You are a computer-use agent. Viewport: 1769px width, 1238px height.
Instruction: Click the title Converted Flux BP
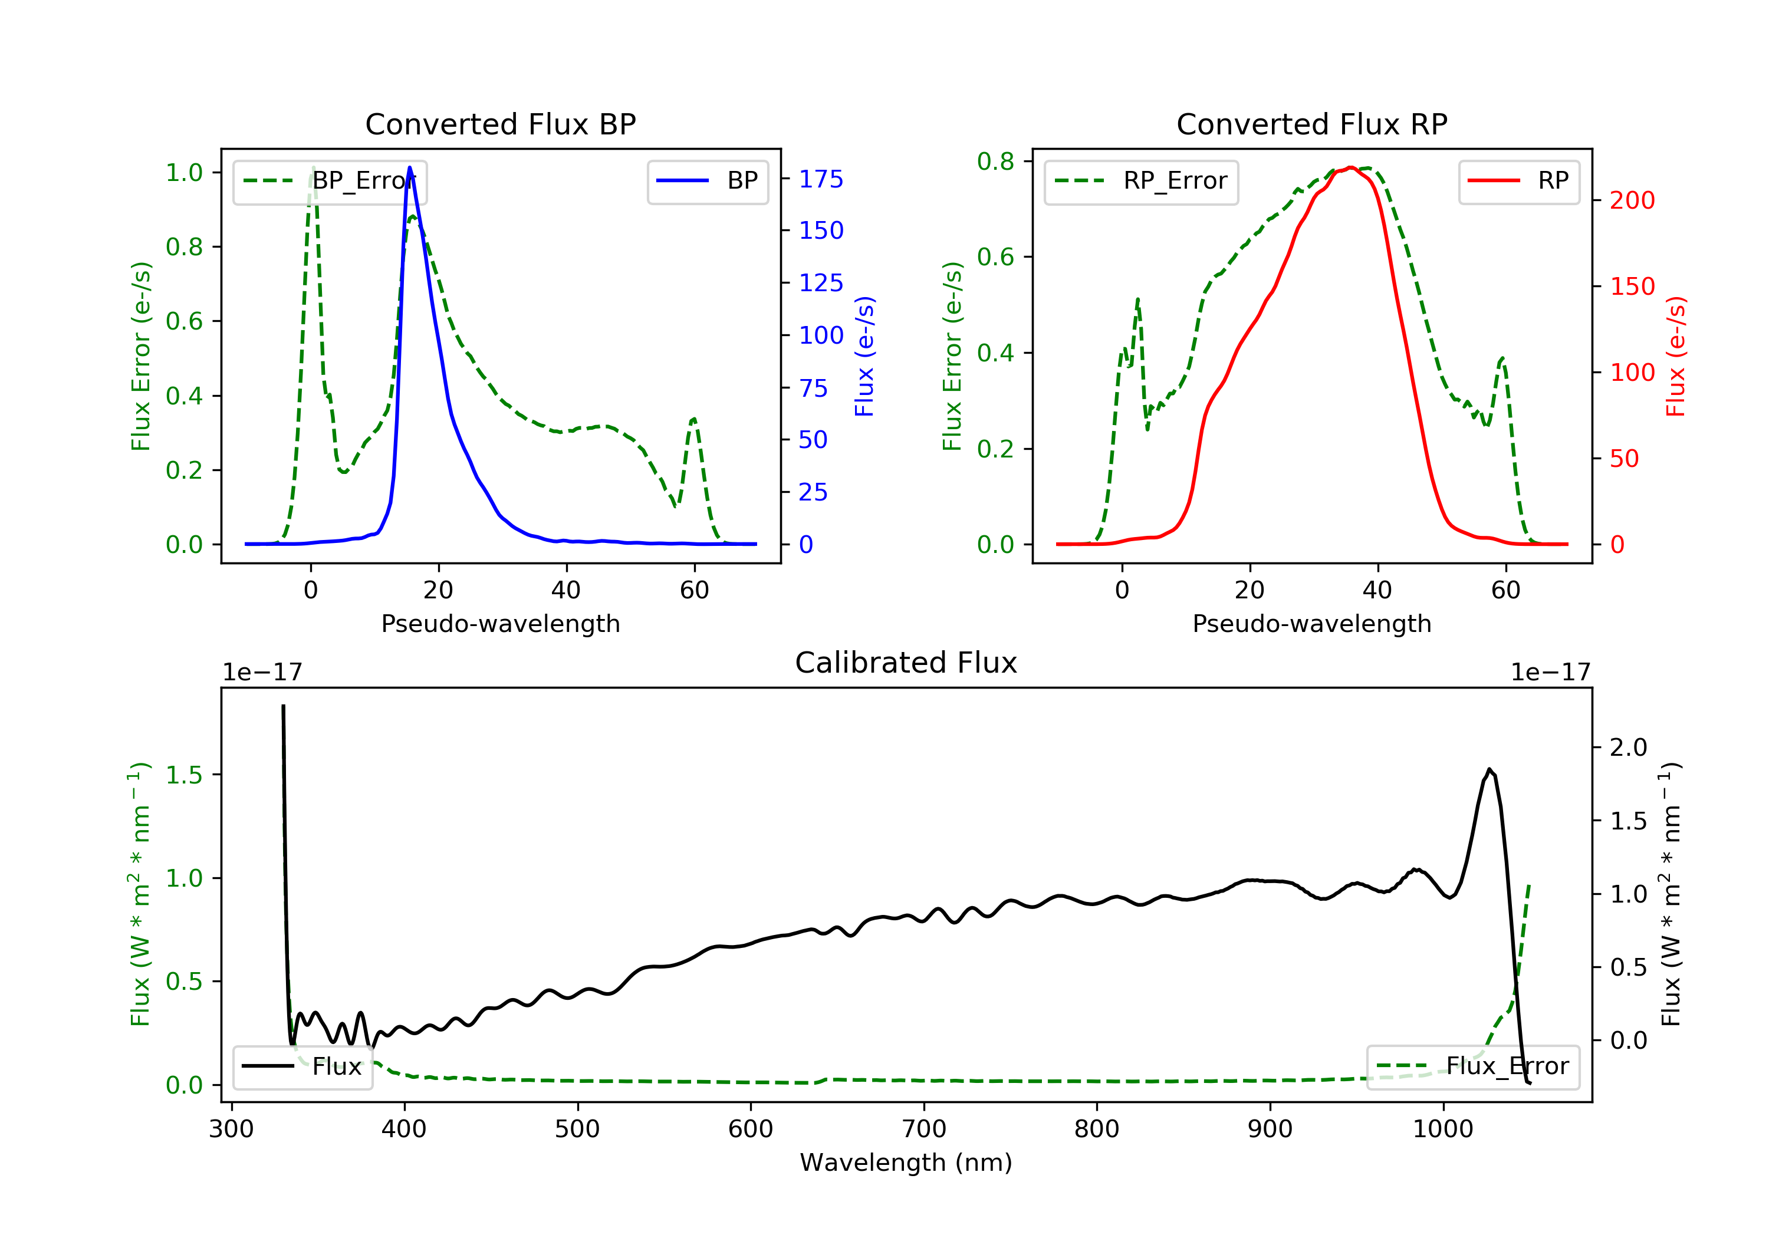[x=500, y=124]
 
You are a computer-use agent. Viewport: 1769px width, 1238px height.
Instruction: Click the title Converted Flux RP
[x=1311, y=124]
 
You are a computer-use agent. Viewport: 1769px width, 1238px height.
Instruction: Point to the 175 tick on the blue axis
[x=821, y=179]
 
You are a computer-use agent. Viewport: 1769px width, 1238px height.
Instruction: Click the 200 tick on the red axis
[x=1632, y=200]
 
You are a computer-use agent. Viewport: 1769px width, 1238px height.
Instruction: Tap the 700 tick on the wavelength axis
[x=924, y=1130]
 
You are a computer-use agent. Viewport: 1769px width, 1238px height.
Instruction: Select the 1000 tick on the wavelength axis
[x=1442, y=1130]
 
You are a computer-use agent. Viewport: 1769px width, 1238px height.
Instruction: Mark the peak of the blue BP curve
[x=409, y=167]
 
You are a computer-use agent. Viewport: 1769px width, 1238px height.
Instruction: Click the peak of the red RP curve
[x=1351, y=167]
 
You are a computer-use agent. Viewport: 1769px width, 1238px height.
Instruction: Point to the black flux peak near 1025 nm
[x=1489, y=769]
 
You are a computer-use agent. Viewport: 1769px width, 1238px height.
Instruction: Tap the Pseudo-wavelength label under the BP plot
[x=500, y=624]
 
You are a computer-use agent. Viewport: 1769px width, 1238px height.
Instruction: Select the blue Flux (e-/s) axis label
[x=864, y=356]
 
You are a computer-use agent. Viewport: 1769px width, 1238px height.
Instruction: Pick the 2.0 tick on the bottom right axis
[x=1628, y=748]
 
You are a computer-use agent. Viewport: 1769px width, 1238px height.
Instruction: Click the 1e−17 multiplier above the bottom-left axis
[x=262, y=673]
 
